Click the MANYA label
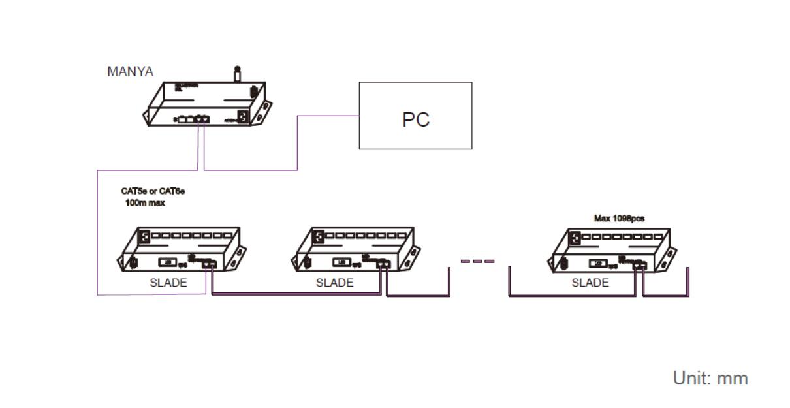pos(130,72)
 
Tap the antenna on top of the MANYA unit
pos(237,73)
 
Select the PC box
pos(415,116)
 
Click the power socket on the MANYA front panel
pos(243,118)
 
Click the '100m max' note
pos(145,203)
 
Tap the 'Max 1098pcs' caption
pos(619,219)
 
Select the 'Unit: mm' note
pos(710,378)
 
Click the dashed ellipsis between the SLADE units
pos(477,261)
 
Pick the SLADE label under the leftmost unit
pos(168,283)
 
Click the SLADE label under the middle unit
pos(334,283)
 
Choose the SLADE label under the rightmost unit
pos(590,283)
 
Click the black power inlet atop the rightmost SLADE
pos(575,238)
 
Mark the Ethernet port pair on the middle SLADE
pos(383,264)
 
